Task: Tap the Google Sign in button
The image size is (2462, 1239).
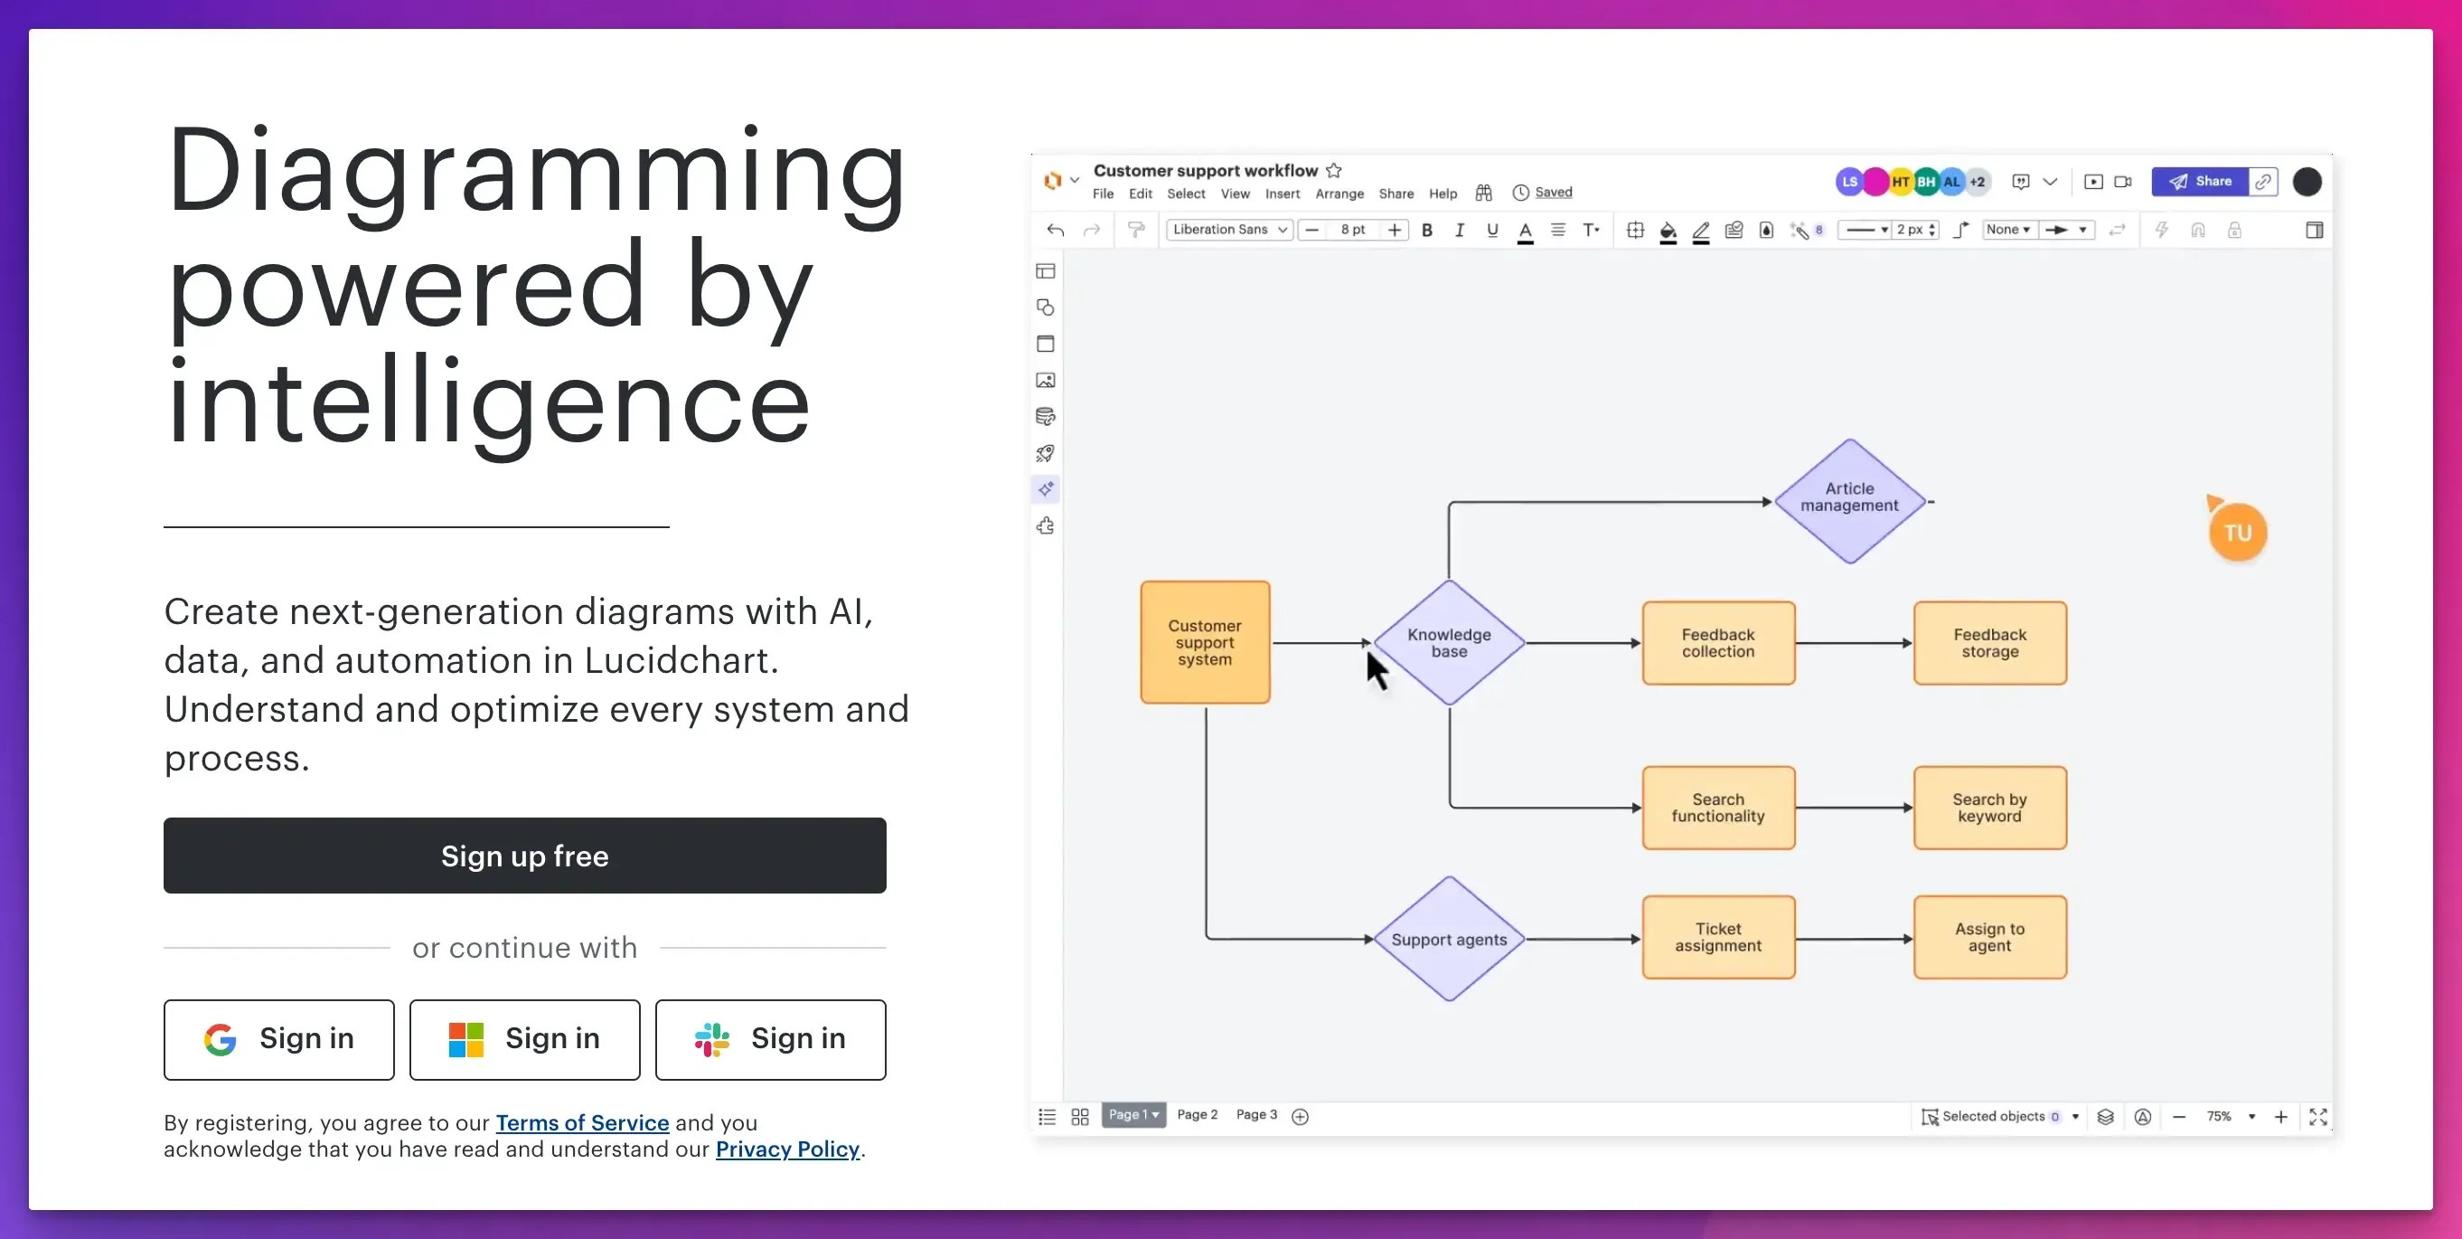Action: [x=278, y=1039]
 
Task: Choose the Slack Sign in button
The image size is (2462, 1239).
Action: [x=770, y=1039]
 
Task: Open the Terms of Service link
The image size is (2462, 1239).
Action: [x=581, y=1122]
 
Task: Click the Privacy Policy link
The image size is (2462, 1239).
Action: [x=786, y=1149]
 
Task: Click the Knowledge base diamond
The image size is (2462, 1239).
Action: [x=1448, y=642]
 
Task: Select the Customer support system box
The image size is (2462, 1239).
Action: [x=1204, y=642]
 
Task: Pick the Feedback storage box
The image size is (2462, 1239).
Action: [x=1989, y=642]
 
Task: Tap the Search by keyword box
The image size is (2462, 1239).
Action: [x=1989, y=808]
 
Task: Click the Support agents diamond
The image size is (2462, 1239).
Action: [x=1448, y=939]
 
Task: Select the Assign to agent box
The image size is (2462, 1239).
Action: [x=1989, y=937]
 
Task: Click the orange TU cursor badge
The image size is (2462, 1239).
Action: [x=2236, y=533]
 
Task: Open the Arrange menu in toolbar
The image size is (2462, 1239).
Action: [x=1339, y=194]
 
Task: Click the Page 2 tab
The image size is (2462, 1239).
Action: [x=1197, y=1115]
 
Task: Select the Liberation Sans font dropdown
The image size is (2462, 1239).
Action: [x=1229, y=230]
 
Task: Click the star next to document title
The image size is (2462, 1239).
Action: [x=1333, y=171]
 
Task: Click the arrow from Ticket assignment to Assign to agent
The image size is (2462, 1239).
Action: [x=1853, y=939]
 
